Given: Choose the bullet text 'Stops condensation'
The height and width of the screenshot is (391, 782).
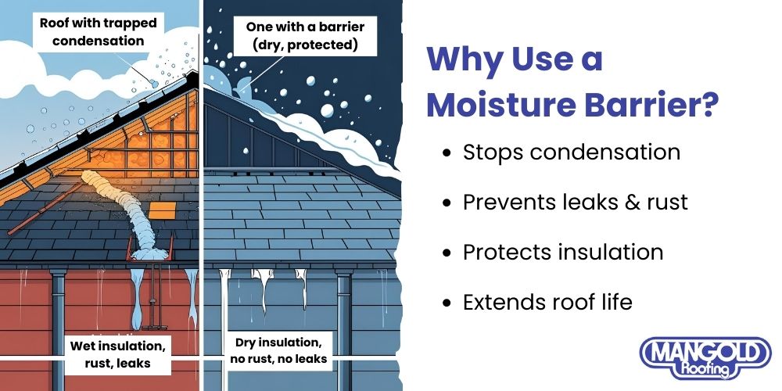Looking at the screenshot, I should (x=571, y=152).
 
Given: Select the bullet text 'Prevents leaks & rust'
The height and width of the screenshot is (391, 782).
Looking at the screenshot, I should (x=575, y=202).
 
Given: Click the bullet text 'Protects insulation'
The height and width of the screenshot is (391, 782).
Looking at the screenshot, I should (x=562, y=252).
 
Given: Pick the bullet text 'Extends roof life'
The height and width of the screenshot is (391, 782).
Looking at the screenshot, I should (x=547, y=302).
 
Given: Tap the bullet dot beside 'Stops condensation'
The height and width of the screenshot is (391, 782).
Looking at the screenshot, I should (x=447, y=152).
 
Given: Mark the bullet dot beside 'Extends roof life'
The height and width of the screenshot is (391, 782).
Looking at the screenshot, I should (x=447, y=303).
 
